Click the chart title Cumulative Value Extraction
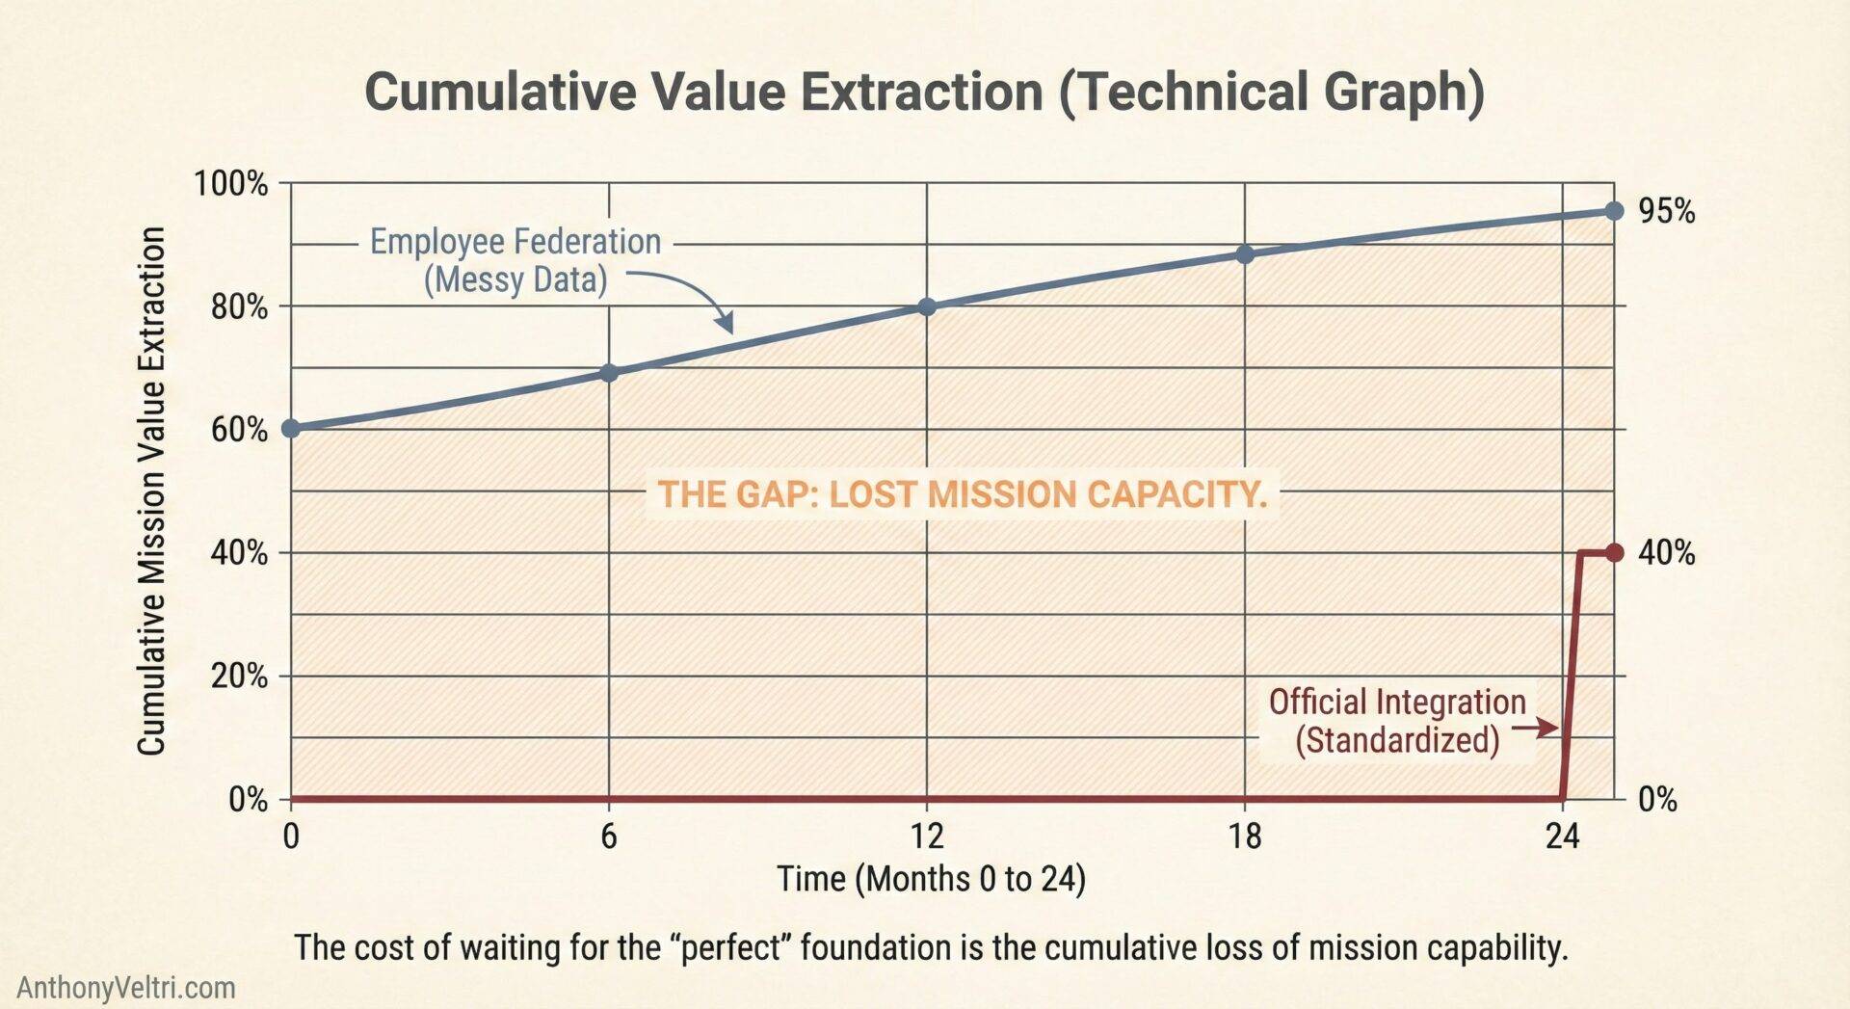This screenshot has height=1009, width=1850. coord(924,93)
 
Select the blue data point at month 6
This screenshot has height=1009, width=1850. coord(609,372)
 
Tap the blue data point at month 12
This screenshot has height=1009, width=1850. coord(927,306)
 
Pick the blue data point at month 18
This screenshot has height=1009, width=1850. coord(1245,254)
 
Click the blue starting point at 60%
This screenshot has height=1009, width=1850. coord(291,429)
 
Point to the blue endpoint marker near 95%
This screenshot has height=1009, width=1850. coord(1615,210)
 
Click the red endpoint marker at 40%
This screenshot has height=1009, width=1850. coord(1615,553)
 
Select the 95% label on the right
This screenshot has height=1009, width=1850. coord(1666,211)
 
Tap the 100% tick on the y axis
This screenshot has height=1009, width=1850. coord(231,183)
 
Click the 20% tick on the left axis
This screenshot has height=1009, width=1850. coord(239,677)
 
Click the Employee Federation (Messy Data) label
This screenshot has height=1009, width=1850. coord(515,260)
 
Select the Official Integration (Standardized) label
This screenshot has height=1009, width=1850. coord(1397,721)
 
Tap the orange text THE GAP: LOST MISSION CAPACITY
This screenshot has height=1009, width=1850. coord(962,494)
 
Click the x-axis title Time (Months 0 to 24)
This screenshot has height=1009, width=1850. coord(931,879)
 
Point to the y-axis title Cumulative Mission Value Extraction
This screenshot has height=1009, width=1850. coord(151,491)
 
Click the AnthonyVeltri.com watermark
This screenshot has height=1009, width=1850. coord(126,988)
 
